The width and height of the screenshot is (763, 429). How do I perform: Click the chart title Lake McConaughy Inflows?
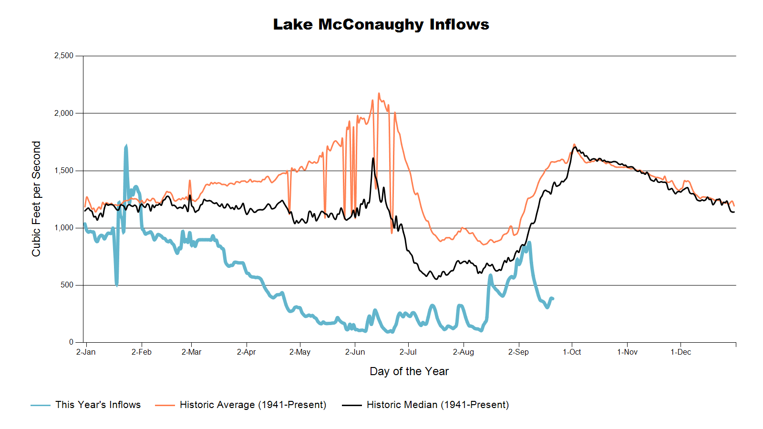pyautogui.click(x=381, y=24)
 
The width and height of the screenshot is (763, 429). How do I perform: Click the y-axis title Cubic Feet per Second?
pyautogui.click(x=36, y=199)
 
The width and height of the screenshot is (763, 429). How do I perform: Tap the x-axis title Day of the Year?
pyautogui.click(x=409, y=371)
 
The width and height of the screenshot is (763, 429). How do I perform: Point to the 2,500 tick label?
pyautogui.click(x=64, y=55)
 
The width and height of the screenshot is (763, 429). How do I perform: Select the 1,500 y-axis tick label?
pyautogui.click(x=64, y=171)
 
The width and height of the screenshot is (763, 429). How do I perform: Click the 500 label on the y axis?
pyautogui.click(x=67, y=285)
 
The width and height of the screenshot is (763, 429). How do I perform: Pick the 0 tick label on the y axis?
pyautogui.click(x=71, y=342)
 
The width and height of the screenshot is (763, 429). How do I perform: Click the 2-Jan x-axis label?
pyautogui.click(x=86, y=352)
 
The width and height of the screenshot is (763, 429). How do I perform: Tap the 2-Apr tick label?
pyautogui.click(x=246, y=352)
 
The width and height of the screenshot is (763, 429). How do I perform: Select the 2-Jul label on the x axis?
pyautogui.click(x=408, y=352)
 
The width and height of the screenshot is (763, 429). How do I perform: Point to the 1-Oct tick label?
pyautogui.click(x=572, y=352)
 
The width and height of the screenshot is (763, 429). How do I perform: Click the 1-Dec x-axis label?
pyautogui.click(x=681, y=352)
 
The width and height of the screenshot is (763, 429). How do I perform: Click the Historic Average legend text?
pyautogui.click(x=253, y=405)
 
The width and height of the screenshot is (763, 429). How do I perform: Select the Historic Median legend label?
pyautogui.click(x=438, y=405)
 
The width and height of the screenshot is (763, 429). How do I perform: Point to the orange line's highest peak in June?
pyautogui.click(x=379, y=93)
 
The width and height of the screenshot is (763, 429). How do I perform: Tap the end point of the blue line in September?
pyautogui.click(x=553, y=298)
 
